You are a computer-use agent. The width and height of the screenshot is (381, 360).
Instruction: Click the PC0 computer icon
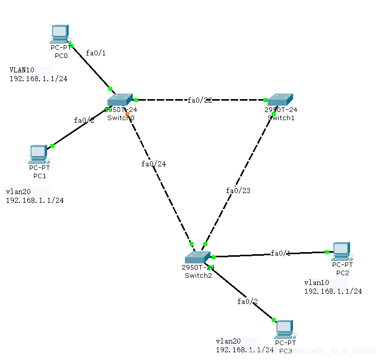pyautogui.click(x=60, y=34)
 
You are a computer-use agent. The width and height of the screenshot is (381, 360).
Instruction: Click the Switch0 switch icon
pyautogui.click(x=120, y=99)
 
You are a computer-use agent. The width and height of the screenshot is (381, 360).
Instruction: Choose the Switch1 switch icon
pyautogui.click(x=280, y=99)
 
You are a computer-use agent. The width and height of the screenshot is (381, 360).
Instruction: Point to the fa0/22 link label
pyautogui.click(x=200, y=100)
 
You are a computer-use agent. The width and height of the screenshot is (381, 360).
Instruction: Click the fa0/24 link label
pyautogui.click(x=154, y=164)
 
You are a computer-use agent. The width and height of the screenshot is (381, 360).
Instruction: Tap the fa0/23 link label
pyautogui.click(x=238, y=191)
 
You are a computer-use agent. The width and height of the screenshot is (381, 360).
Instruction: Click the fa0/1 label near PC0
pyautogui.click(x=96, y=52)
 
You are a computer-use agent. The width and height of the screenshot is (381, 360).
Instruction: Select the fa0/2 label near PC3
pyautogui.click(x=247, y=301)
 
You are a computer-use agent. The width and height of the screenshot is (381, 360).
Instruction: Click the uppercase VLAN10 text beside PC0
pyautogui.click(x=22, y=70)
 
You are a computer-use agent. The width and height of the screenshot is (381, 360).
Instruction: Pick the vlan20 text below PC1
pyautogui.click(x=17, y=192)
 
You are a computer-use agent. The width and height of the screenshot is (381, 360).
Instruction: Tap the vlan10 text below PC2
pyautogui.click(x=316, y=282)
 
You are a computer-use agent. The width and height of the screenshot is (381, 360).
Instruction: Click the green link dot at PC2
pyautogui.click(x=327, y=252)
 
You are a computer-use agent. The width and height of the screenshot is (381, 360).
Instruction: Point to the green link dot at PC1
pyautogui.click(x=52, y=146)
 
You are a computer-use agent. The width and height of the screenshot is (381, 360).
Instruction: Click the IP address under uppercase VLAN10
pyautogui.click(x=38, y=79)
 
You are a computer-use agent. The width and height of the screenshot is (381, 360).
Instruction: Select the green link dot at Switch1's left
pyautogui.click(x=266, y=100)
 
